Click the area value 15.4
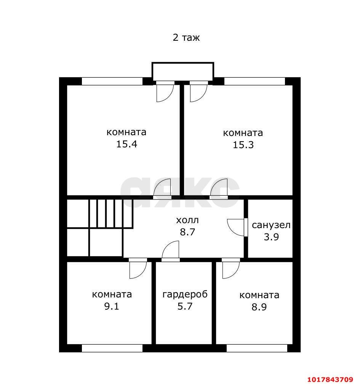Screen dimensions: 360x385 click(x=126, y=144)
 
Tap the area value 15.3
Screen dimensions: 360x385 click(x=243, y=145)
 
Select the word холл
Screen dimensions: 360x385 click(x=187, y=220)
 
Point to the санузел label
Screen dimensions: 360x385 click(x=271, y=225)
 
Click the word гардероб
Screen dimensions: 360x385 click(x=185, y=294)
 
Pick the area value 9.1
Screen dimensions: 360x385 click(x=112, y=306)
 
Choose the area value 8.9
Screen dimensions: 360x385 click(x=259, y=307)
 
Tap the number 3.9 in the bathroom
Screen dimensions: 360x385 click(x=271, y=237)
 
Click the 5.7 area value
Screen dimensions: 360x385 click(x=185, y=306)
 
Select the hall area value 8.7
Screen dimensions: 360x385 click(x=187, y=232)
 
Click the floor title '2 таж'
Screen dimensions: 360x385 click(x=186, y=38)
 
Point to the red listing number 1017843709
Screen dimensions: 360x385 click(x=330, y=380)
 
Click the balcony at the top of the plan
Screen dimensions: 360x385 click(x=183, y=71)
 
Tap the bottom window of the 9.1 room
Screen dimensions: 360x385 click(x=112, y=348)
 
